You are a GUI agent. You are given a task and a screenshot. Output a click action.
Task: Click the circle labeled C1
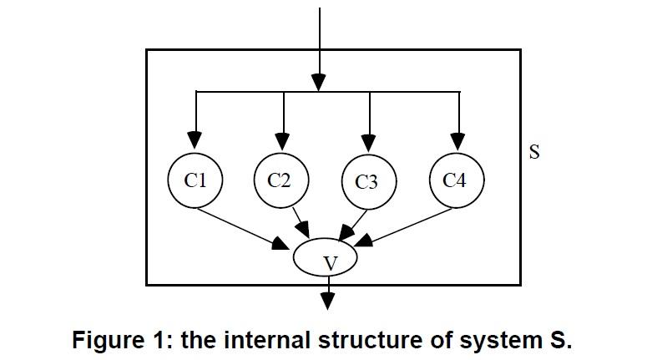click(195, 180)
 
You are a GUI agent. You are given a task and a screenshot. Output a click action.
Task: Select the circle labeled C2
click(282, 180)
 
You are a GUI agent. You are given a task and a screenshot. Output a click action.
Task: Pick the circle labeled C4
click(456, 180)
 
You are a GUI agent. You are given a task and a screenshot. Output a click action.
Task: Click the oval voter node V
click(326, 259)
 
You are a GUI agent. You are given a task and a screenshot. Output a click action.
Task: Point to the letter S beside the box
click(535, 153)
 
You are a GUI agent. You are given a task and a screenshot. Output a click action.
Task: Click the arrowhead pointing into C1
click(195, 139)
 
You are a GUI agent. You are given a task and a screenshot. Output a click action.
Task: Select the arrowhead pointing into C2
click(283, 139)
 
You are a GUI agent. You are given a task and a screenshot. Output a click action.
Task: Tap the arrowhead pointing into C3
click(370, 139)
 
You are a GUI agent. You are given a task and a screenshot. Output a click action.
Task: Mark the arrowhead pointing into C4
click(457, 139)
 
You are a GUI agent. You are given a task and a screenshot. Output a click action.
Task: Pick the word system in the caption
click(497, 341)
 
